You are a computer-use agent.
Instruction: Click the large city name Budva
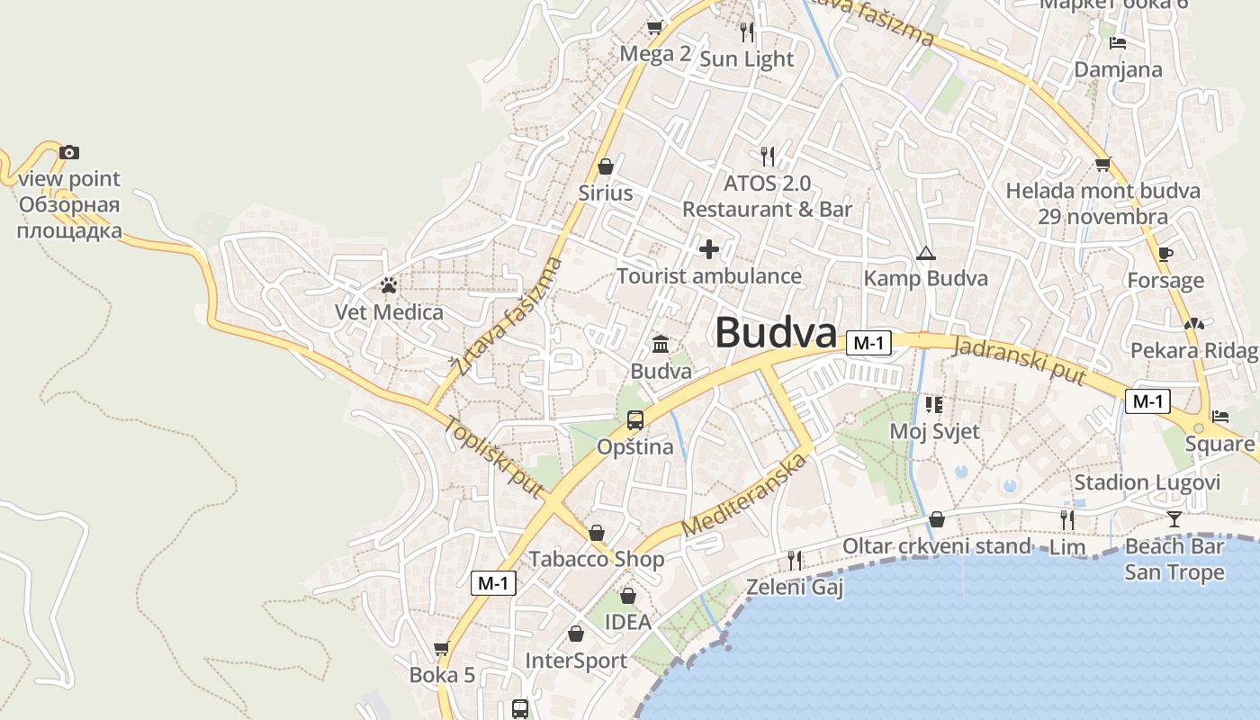(776, 332)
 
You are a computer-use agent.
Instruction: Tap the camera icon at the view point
(69, 152)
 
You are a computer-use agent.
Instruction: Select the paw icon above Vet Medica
(389, 286)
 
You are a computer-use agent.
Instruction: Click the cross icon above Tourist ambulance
(709, 249)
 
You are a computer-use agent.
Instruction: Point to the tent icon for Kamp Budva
(925, 254)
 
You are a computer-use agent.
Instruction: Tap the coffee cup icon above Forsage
(1165, 254)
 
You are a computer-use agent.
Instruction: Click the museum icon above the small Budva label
(661, 344)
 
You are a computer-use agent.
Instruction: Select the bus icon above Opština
(635, 419)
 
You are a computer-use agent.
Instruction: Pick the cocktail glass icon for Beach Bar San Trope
(1174, 518)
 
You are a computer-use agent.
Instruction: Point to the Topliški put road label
(493, 458)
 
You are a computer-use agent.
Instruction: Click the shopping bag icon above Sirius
(606, 166)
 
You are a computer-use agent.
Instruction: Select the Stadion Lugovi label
(1147, 482)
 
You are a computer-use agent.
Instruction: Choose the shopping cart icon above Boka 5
(441, 648)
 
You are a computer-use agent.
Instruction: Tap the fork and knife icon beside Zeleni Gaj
(795, 561)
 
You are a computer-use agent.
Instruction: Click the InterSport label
(576, 661)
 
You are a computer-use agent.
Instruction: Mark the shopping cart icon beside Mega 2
(654, 27)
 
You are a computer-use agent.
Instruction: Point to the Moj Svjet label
(934, 431)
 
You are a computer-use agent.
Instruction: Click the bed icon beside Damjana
(1118, 42)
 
